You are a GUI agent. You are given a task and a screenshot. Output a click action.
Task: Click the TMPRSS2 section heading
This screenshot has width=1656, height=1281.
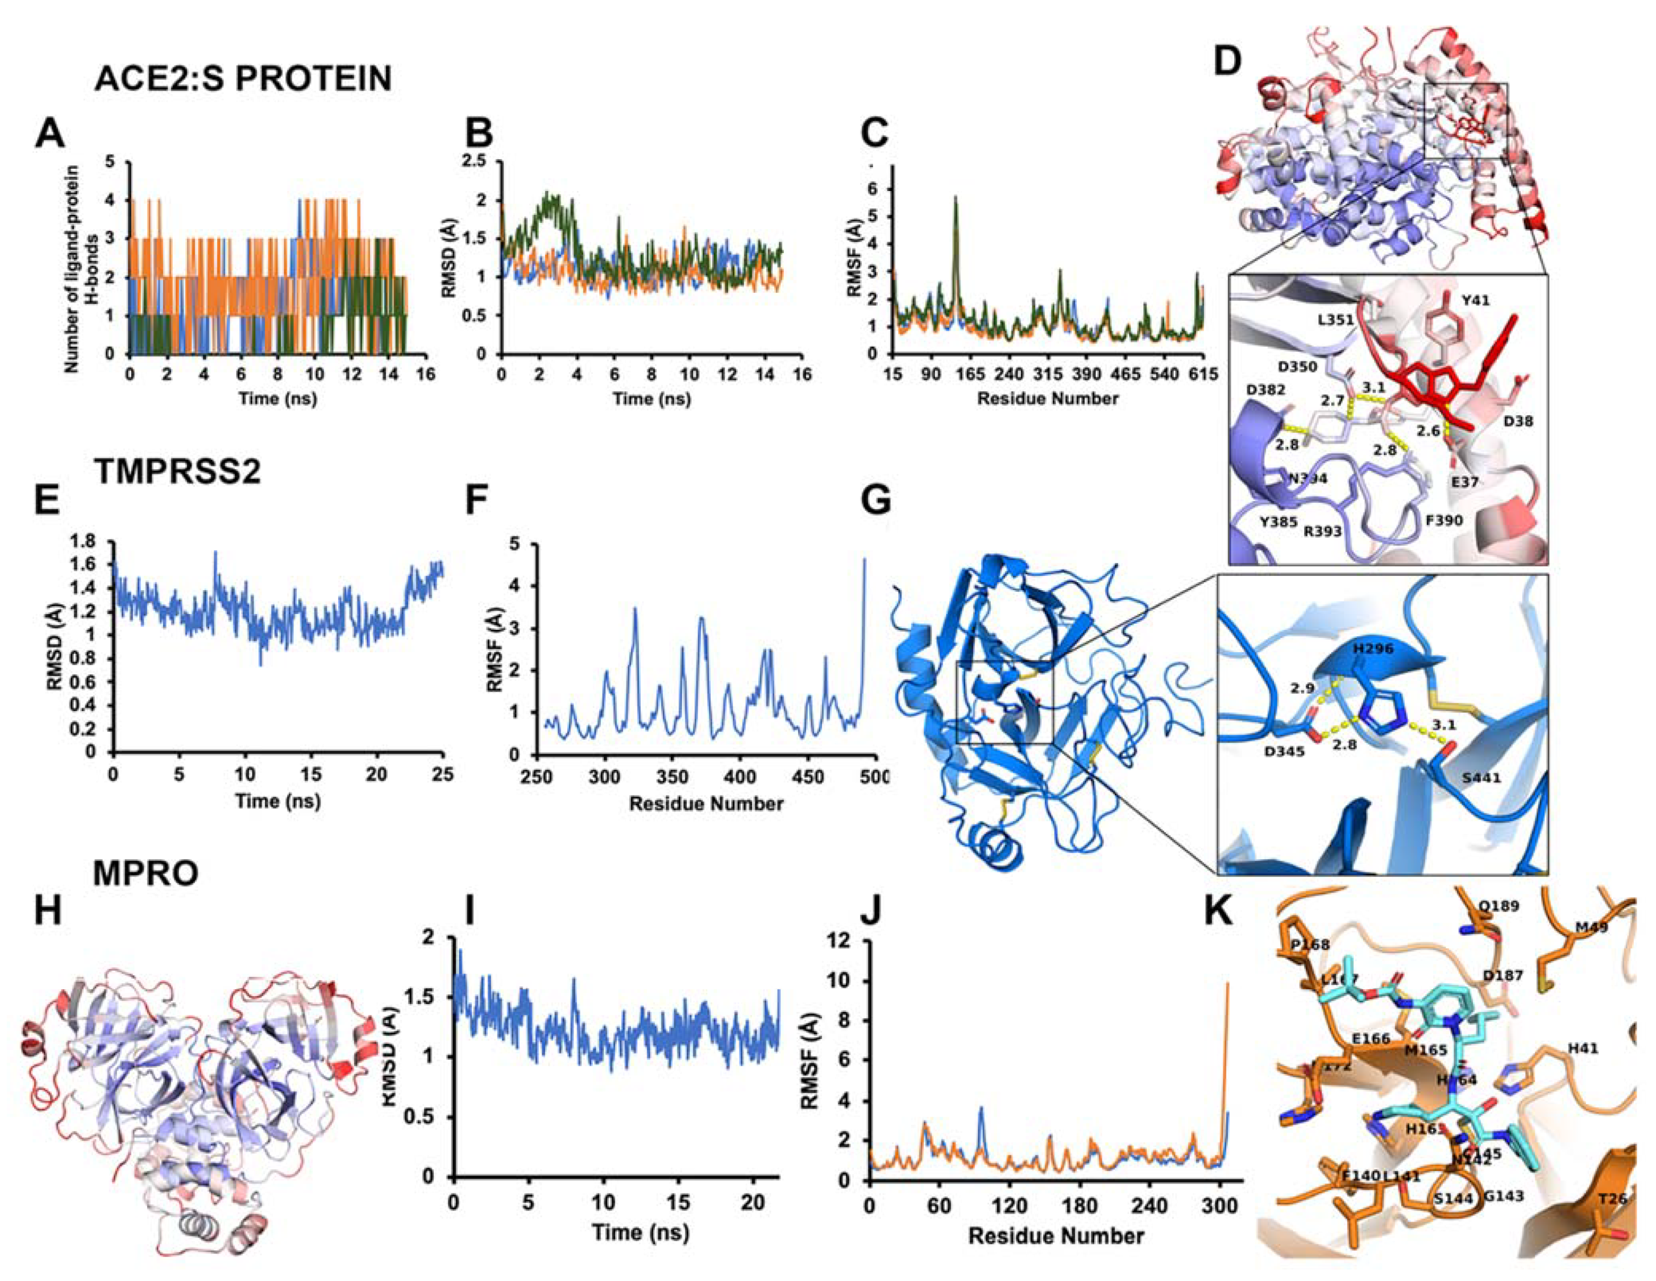click(x=178, y=472)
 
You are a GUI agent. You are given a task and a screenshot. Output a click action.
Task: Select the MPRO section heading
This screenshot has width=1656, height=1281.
click(x=146, y=874)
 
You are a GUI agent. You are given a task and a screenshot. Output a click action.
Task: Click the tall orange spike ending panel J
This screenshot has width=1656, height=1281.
click(x=1227, y=986)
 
